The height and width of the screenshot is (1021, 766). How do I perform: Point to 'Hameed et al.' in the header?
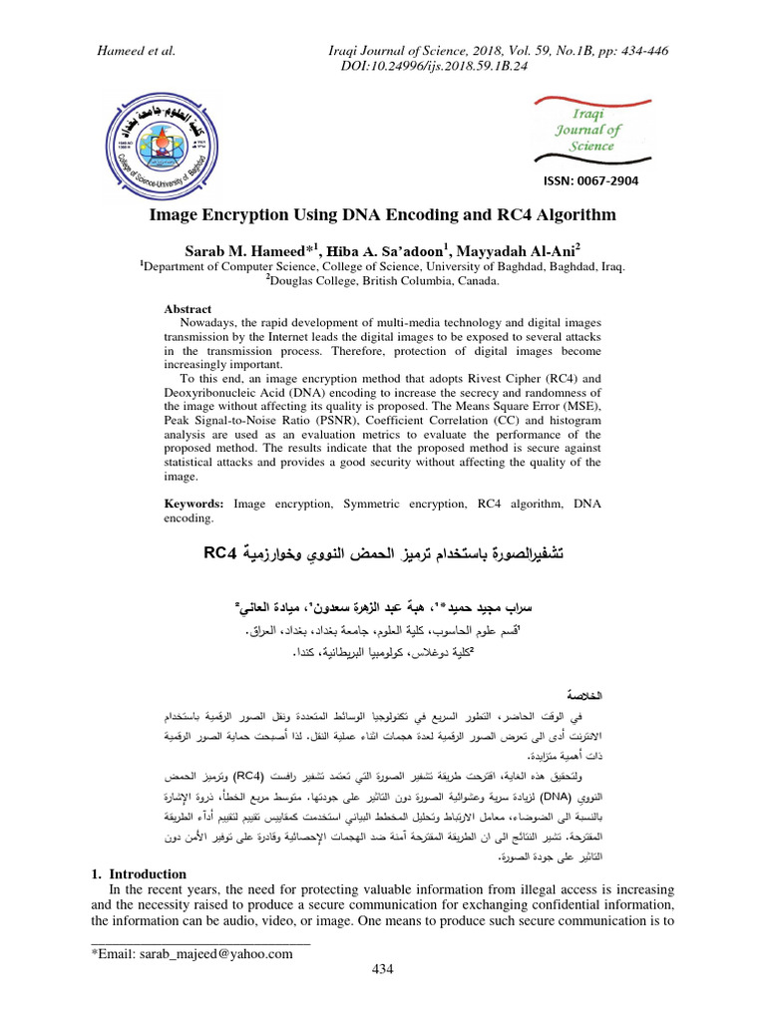(134, 49)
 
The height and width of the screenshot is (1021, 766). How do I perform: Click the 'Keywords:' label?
(193, 505)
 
